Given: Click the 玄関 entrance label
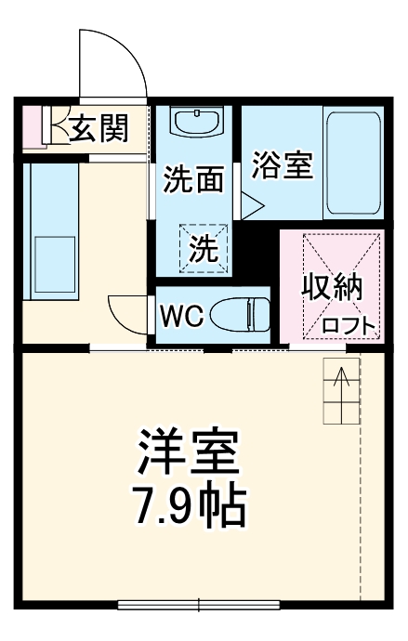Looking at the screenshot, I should tap(98, 129).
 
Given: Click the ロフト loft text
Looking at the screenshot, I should tap(350, 325).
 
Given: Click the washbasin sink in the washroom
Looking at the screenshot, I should tap(197, 124).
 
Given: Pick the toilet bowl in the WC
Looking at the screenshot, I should tap(239, 316).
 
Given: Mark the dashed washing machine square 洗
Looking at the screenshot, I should tap(204, 246).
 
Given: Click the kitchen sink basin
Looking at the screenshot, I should tap(53, 264).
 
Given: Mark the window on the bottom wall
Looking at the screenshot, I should tap(199, 606).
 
